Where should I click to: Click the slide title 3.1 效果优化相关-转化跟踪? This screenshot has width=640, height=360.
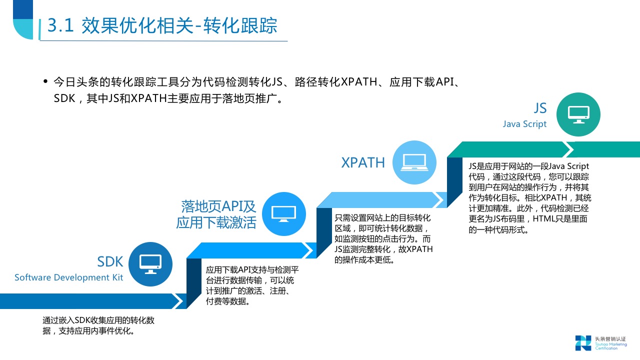pos(162,26)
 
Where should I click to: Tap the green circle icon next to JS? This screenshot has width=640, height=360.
pos(578,114)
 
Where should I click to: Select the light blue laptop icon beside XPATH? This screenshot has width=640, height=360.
pos(414,162)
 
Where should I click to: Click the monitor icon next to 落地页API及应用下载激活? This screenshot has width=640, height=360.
pos(283,213)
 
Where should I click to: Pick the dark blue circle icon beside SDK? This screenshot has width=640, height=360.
pos(150,263)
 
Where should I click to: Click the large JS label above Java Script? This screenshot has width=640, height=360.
pos(540,108)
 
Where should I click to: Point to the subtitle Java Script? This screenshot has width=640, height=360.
pos(524,124)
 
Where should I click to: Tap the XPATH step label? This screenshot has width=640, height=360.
pos(363,163)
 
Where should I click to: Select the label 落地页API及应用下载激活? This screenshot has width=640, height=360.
pos(216,214)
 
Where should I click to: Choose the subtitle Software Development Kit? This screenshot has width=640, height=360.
pos(68,277)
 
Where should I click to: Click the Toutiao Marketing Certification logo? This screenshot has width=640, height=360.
pos(600,342)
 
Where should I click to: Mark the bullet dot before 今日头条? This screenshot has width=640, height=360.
pos(45,81)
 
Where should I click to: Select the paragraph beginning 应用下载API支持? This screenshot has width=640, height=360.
pos(252,286)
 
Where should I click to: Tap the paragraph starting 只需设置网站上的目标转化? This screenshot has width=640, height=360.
pos(383,239)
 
